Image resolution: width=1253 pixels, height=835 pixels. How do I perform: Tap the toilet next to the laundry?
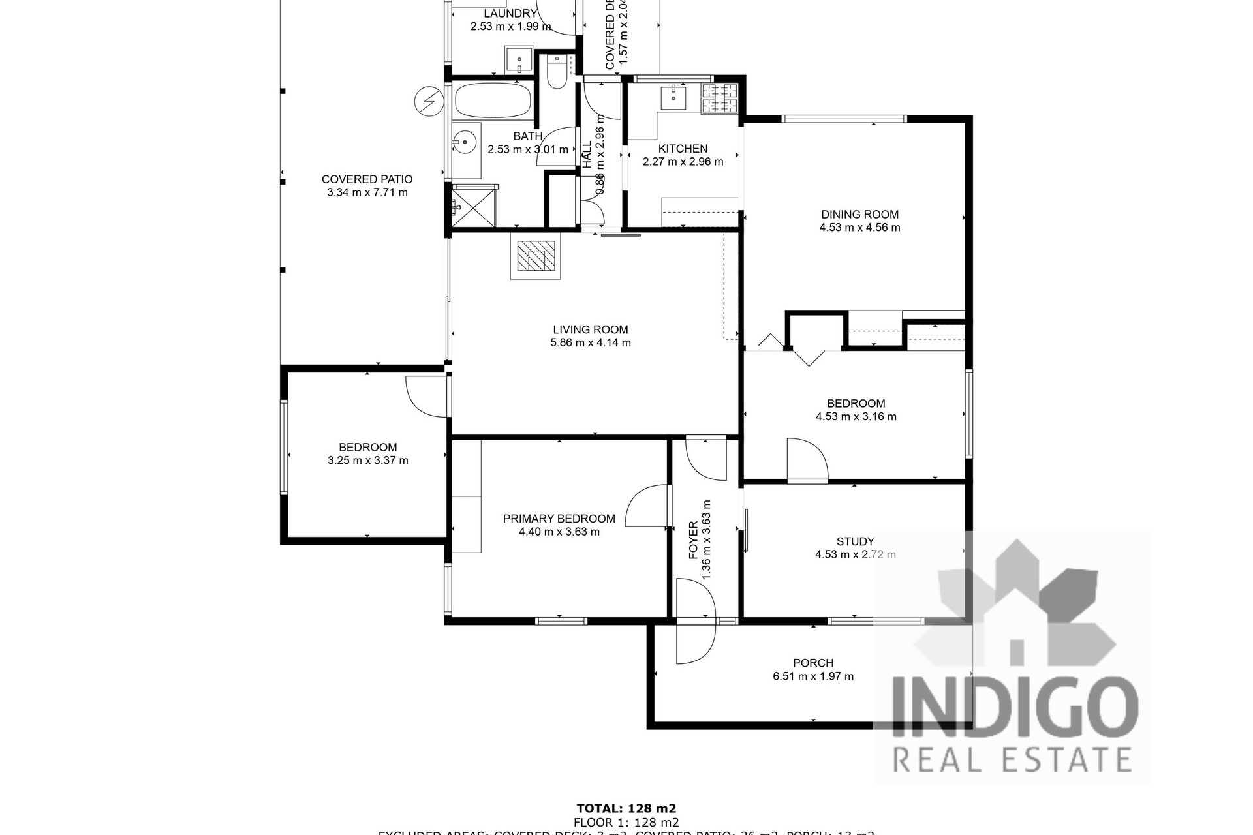click(x=557, y=72)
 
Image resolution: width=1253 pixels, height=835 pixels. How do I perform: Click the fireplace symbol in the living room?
click(x=536, y=256)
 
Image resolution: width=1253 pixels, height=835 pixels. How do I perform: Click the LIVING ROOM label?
click(x=590, y=329)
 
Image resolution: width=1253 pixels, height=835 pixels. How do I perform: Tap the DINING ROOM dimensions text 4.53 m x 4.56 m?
click(x=859, y=228)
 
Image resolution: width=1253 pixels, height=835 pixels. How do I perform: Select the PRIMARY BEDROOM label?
click(x=559, y=519)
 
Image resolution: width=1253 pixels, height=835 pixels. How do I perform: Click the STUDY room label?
click(x=855, y=541)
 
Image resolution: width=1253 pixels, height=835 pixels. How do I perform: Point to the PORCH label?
click(x=813, y=663)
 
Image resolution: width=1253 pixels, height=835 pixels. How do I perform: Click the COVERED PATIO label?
click(x=367, y=179)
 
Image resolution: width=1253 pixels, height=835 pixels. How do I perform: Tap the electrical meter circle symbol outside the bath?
click(x=427, y=102)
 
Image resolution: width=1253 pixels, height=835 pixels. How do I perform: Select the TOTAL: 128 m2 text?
click(x=626, y=808)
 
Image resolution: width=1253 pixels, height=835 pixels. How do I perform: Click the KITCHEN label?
click(x=683, y=149)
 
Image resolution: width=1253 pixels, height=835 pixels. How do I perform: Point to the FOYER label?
click(x=693, y=540)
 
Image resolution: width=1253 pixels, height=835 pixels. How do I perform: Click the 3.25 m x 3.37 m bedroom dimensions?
click(x=367, y=461)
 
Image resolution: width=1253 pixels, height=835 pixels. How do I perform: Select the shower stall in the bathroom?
click(x=473, y=205)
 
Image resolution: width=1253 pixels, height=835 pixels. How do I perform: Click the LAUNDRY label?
click(x=510, y=14)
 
